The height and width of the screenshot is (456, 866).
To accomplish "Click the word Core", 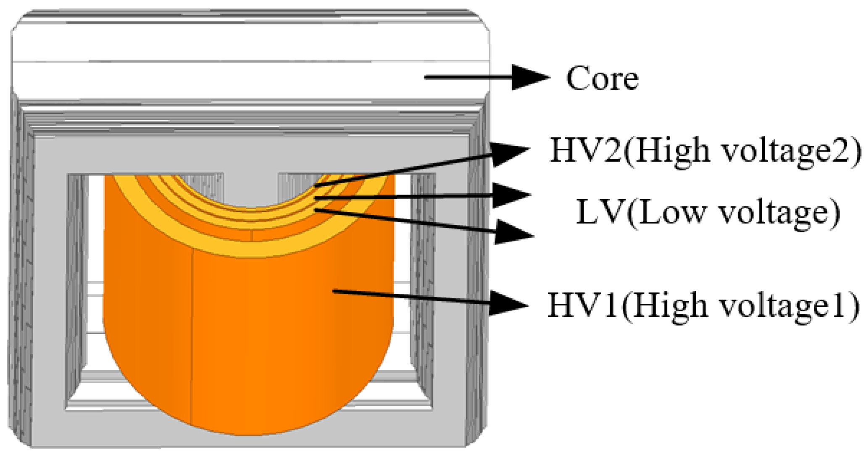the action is (x=602, y=79).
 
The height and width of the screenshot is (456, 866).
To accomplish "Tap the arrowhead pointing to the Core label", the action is (x=530, y=77).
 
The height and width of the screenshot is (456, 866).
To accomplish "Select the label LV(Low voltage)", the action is (x=708, y=213).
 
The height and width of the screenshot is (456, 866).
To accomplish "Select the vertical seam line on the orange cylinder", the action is (x=192, y=336).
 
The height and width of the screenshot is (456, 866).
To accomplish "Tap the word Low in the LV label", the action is (x=664, y=213).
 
